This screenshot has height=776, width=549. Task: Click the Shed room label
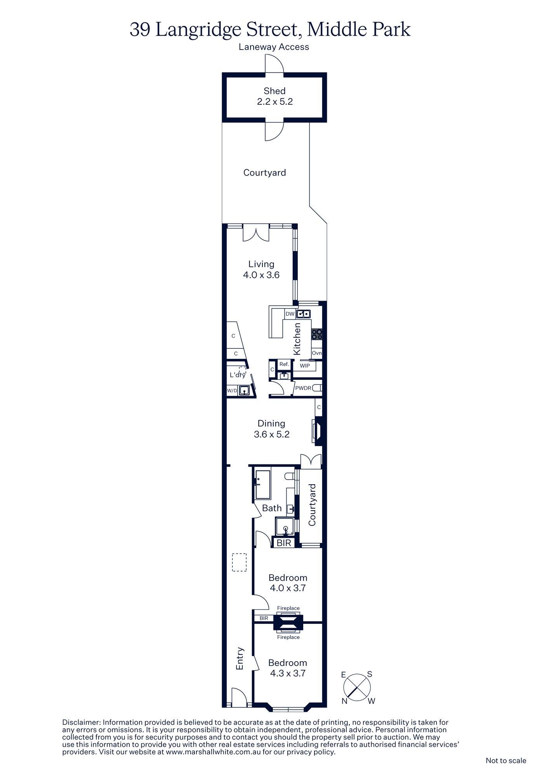click(x=274, y=91)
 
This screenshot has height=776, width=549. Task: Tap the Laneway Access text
click(x=274, y=47)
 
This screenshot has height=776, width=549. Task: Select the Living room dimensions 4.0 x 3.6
click(x=261, y=275)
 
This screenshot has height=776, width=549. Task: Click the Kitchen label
click(x=297, y=339)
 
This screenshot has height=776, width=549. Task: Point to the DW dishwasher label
click(x=290, y=314)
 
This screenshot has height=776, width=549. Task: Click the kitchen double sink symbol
click(x=303, y=314)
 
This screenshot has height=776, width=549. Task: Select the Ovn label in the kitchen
click(x=317, y=353)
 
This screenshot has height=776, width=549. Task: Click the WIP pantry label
click(x=305, y=365)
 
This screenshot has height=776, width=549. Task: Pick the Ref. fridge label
click(x=284, y=364)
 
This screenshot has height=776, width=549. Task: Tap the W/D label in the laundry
click(x=232, y=391)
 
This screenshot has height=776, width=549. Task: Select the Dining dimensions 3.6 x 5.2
click(x=272, y=435)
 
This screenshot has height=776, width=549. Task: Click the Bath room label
click(x=272, y=508)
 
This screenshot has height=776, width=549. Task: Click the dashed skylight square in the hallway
click(x=240, y=562)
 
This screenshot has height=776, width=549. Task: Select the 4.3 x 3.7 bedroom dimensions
click(x=288, y=674)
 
